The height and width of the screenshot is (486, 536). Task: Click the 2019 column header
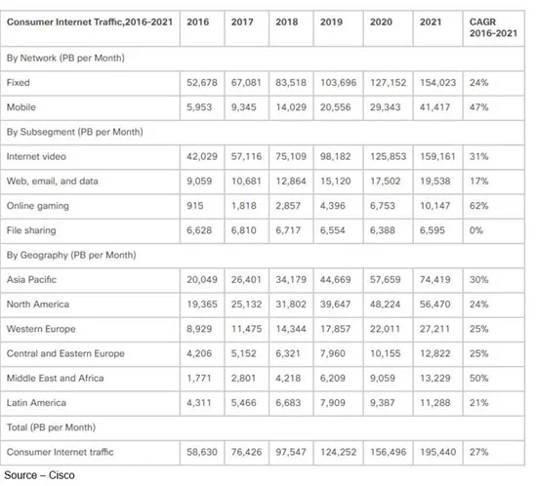[331, 21]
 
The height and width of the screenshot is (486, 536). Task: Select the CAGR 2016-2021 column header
[493, 27]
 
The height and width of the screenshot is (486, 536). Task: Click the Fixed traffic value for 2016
[202, 83]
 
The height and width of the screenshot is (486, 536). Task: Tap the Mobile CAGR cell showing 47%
[479, 107]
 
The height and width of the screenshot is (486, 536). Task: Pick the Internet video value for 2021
[437, 156]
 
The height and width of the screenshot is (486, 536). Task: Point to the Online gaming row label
[38, 206]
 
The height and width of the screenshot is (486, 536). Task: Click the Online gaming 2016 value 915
[195, 206]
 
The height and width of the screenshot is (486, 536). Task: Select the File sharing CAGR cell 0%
[476, 230]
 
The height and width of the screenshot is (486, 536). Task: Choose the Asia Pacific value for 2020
[385, 279]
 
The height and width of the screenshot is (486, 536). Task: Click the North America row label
[38, 304]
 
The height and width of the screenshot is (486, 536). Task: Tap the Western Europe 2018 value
[291, 329]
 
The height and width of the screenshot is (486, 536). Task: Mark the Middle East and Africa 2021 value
[434, 378]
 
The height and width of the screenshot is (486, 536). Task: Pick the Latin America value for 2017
[243, 403]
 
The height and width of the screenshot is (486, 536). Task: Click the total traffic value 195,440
[437, 452]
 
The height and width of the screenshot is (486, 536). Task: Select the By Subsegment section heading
[74, 132]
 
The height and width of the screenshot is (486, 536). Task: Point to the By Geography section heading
[71, 255]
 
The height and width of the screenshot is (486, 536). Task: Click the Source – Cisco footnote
[39, 475]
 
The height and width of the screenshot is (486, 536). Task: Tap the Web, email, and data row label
[53, 182]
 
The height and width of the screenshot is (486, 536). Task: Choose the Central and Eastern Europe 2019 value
[333, 353]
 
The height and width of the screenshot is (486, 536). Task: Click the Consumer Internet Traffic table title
[90, 21]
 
